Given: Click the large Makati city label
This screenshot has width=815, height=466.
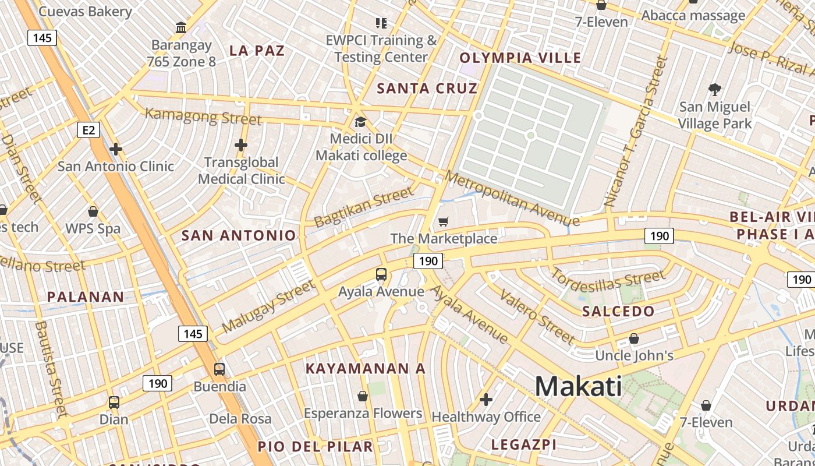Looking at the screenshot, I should tap(578, 386).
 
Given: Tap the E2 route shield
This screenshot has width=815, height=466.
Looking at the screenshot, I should tap(88, 130).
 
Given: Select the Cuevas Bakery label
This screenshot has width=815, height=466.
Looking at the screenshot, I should tap(84, 11).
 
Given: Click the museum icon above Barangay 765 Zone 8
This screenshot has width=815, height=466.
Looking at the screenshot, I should tap(181, 27).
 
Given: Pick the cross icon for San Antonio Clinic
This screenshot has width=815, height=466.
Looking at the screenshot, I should tap(116, 149).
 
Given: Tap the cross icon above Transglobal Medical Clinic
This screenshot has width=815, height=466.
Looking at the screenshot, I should tap(241, 145).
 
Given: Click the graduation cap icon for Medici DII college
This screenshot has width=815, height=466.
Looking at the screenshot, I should tap(361, 122).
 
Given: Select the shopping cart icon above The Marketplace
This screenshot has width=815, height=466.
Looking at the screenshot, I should tap(444, 221).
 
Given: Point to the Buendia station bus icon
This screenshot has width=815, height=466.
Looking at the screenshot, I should tap(219, 369).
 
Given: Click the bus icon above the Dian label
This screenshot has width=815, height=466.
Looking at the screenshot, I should tap(114, 402).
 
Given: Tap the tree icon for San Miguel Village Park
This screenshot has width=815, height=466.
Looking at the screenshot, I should tap(715, 90).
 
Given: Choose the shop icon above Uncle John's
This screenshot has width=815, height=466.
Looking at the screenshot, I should tap(634, 338).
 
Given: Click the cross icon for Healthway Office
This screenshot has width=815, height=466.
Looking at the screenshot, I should tap(486, 400).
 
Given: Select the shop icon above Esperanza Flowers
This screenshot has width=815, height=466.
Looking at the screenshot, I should tap(363, 396).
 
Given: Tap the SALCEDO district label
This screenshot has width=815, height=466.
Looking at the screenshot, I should tap(619, 311).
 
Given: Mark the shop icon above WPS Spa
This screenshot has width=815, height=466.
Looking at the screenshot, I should tap(93, 211).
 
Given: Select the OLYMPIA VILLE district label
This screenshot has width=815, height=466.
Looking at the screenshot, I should tap(520, 58).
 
